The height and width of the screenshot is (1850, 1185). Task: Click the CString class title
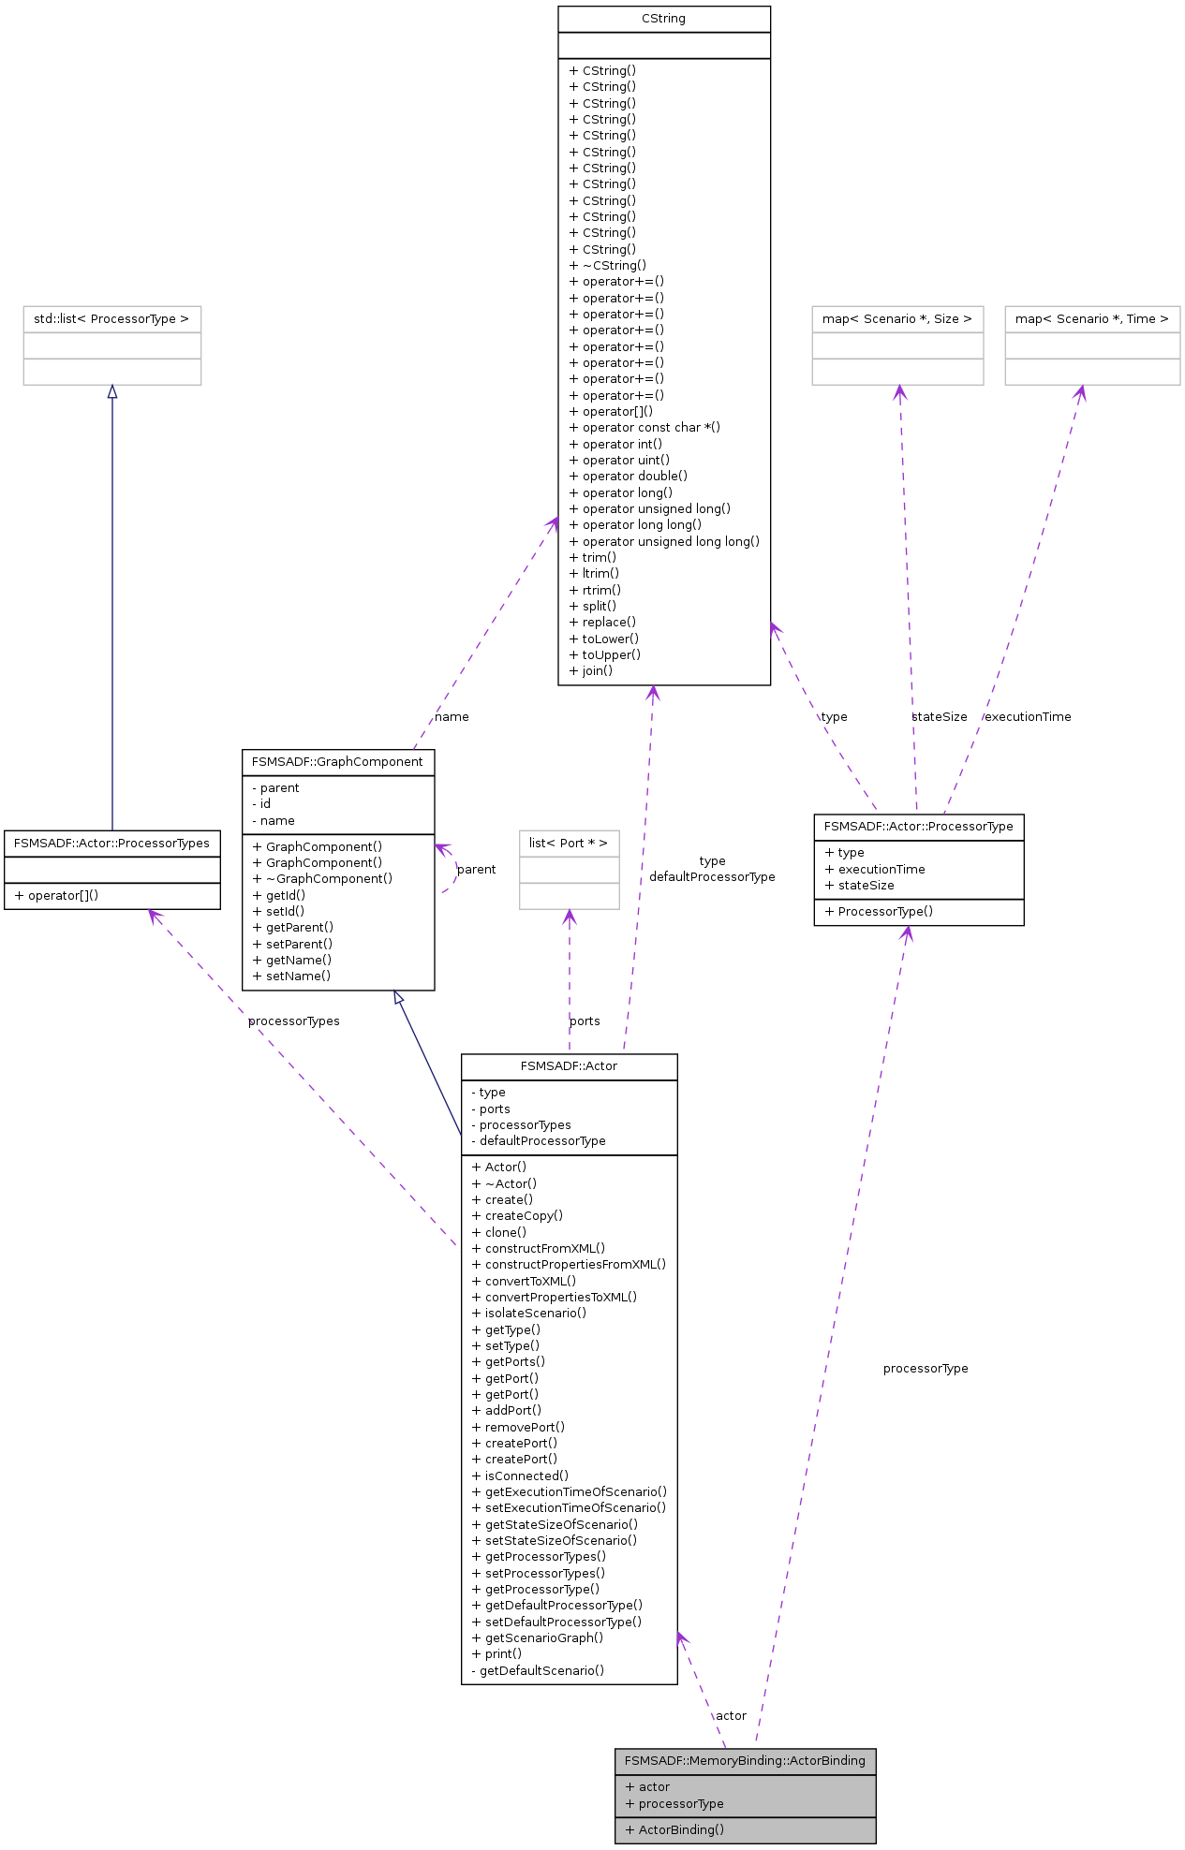[663, 19]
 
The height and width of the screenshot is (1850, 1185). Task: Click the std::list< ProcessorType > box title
[111, 319]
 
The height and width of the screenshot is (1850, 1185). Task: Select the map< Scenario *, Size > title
[896, 319]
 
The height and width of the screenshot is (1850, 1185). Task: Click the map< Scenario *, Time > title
[1091, 319]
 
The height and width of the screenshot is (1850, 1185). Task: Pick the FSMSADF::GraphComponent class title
[337, 762]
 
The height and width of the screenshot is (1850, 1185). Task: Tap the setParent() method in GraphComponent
[292, 944]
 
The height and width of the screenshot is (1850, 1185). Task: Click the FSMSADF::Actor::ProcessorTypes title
[111, 844]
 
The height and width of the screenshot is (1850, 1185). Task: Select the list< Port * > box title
[569, 844]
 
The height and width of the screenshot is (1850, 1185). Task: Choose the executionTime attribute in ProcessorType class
[875, 869]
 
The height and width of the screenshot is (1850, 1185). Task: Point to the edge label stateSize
[940, 717]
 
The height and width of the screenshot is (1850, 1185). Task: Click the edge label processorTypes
[293, 1021]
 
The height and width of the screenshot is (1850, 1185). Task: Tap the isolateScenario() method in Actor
[529, 1313]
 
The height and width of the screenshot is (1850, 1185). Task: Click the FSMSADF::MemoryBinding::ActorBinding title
[745, 1761]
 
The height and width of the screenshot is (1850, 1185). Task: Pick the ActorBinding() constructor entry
[674, 1829]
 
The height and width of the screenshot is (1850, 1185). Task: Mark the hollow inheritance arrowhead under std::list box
[112, 391]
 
